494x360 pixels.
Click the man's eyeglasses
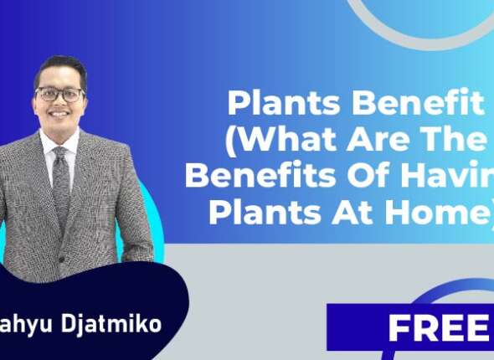tap(60, 94)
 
